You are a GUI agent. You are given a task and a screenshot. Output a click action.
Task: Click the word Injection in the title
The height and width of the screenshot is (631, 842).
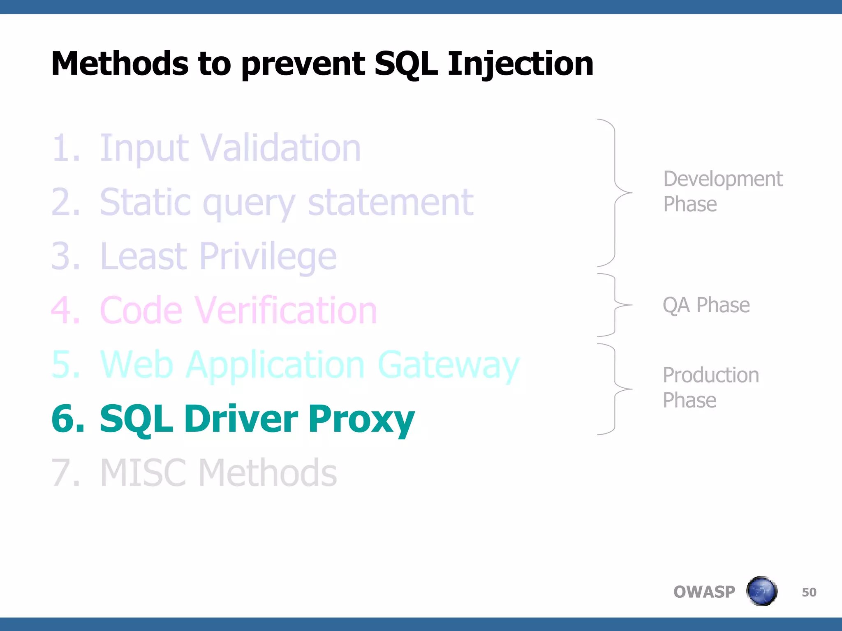520,64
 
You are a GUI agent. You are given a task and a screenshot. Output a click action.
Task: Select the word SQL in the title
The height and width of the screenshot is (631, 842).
406,64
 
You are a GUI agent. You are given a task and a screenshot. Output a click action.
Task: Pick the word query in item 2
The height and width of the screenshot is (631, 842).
249,203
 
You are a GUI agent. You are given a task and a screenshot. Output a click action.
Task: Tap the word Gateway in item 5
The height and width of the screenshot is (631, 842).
448,365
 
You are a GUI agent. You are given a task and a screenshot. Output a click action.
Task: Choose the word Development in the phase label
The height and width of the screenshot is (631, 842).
723,179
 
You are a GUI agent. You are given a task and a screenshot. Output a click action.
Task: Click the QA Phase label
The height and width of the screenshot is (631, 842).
706,305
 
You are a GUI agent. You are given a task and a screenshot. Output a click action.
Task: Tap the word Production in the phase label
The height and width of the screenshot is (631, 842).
711,375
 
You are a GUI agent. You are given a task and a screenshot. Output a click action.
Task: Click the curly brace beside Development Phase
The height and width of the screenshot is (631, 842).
615,192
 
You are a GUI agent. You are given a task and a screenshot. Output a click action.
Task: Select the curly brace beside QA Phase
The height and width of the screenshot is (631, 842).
615,305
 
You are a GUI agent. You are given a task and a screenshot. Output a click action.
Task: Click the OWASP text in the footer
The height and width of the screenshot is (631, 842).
704,592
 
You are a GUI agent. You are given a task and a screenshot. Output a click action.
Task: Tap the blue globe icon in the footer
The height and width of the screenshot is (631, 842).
761,591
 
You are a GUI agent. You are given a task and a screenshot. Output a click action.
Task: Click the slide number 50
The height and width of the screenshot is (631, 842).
809,592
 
